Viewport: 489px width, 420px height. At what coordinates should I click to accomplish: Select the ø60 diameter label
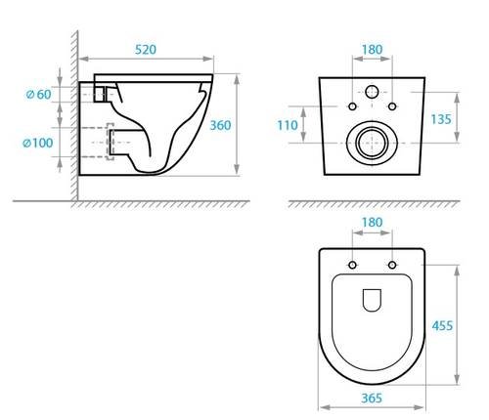tap(38, 94)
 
